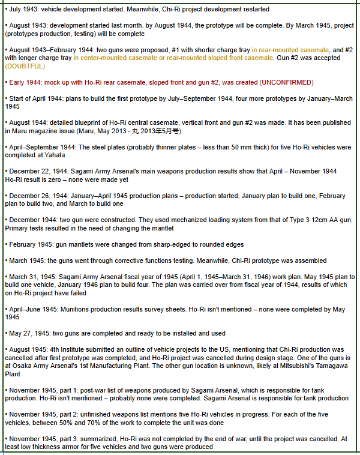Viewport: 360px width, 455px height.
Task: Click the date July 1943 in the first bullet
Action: [23, 9]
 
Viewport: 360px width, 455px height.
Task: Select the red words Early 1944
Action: [25, 82]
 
